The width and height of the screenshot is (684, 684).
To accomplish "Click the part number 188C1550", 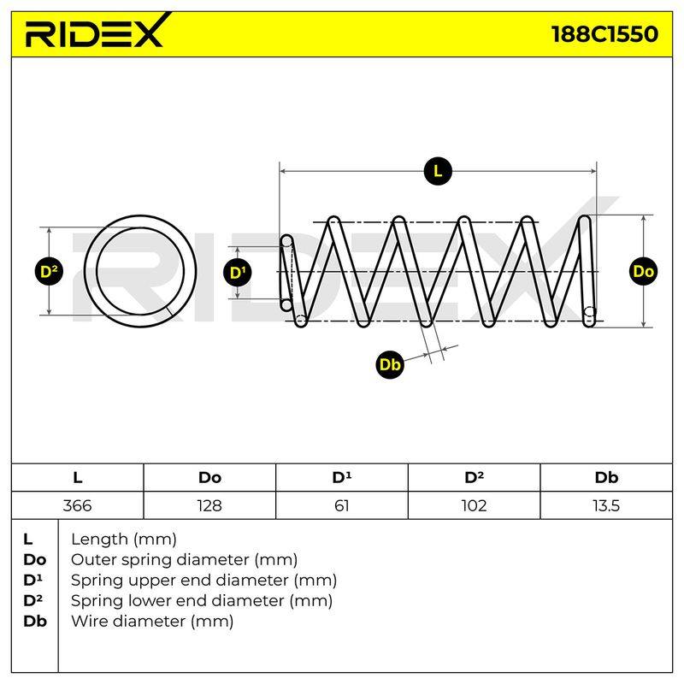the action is point(604,34).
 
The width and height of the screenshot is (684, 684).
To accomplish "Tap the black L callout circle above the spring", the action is point(438,171).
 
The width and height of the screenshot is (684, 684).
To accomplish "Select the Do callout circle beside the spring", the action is point(644,271).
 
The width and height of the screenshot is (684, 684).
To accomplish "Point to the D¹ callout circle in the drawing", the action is point(238,273).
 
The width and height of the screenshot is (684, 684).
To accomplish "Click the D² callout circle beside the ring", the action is point(49,271).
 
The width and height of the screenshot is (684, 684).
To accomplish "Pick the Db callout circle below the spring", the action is point(390,364).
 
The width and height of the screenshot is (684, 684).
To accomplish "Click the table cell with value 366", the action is point(77,505).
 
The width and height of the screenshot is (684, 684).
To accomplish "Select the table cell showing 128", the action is point(209,505).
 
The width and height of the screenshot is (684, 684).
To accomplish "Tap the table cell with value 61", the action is point(341,505).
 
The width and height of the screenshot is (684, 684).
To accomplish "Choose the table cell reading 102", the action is point(474,505).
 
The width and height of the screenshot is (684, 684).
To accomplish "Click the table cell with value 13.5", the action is point(606,505).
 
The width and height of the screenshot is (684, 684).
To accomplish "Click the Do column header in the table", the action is point(209,478).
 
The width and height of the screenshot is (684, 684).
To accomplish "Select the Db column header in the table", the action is point(606,478).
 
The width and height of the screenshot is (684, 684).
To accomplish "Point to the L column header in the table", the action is point(77,478).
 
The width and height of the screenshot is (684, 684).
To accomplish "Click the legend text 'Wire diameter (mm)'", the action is point(152,622).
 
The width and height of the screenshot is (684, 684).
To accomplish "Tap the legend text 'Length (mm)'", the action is point(124,540).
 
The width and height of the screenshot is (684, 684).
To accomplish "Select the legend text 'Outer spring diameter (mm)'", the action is point(184,560).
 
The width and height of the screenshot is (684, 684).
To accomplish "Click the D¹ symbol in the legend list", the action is point(32,581).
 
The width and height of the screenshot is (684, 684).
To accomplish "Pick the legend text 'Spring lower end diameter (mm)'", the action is point(202,601).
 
